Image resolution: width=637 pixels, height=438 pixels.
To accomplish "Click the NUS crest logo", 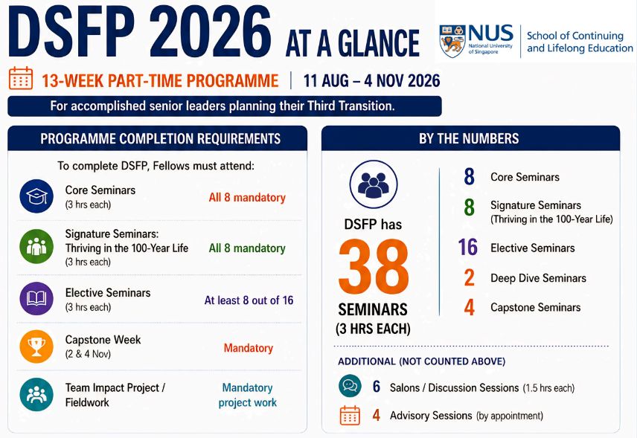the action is (x=452, y=41).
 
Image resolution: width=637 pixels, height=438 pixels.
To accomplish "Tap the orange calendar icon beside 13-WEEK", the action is (x=21, y=78).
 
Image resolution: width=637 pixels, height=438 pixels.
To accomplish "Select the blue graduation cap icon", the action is (x=36, y=196).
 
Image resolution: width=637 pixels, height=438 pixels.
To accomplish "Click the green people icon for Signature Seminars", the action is (x=36, y=246).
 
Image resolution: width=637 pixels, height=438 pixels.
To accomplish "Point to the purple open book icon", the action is (x=36, y=299).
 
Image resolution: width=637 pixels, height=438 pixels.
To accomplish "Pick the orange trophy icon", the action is (x=36, y=347).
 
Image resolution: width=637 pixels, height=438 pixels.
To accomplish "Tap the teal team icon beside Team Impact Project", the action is (x=36, y=395).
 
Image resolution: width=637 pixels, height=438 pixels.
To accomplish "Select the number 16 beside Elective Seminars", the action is (x=468, y=247).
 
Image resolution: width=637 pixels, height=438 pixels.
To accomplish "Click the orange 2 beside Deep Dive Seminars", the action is (x=470, y=277).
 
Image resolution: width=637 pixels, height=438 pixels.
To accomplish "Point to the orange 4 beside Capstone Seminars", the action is (x=470, y=307).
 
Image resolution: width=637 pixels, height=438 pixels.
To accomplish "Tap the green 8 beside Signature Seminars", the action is (x=470, y=207).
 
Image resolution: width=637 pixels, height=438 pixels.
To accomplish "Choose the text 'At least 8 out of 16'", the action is (x=249, y=300).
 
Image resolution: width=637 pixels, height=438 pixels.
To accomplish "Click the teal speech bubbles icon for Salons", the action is (x=350, y=386).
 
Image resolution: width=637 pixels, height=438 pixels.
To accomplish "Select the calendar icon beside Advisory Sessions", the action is (x=350, y=415).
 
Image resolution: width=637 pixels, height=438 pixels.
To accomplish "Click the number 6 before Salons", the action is (x=377, y=387).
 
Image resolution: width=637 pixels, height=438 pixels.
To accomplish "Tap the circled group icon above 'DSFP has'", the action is (x=374, y=184).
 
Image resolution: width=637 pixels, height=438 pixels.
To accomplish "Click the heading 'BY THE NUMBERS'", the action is (x=469, y=139).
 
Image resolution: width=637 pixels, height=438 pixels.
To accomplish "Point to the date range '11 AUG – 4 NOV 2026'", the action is (x=372, y=81).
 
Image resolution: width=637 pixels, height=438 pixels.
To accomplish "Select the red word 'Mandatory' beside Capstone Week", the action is (x=249, y=348).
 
